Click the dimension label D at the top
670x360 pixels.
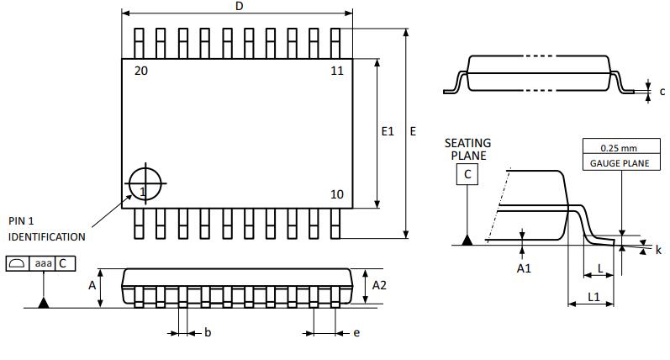coord(239,7)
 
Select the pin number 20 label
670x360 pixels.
coord(140,71)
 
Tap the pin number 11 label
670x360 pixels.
coord(336,71)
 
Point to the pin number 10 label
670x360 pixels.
coord(336,194)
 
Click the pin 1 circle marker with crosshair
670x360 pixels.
coord(146,183)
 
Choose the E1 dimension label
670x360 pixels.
coord(388,131)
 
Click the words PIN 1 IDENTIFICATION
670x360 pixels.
coord(46,229)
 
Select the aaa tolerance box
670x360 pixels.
coord(42,263)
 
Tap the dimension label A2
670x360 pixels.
coord(379,285)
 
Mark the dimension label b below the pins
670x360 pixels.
coord(208,333)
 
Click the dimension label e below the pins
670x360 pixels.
coord(356,333)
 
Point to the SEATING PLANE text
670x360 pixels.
coord(467,149)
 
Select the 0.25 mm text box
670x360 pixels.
coord(619,148)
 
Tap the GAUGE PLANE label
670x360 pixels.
coord(619,163)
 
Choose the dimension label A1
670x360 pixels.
coord(524,267)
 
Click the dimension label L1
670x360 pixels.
coord(594,297)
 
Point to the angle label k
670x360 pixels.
coord(658,251)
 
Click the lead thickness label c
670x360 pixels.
coord(662,91)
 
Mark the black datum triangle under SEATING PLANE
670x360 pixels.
coord(467,241)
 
